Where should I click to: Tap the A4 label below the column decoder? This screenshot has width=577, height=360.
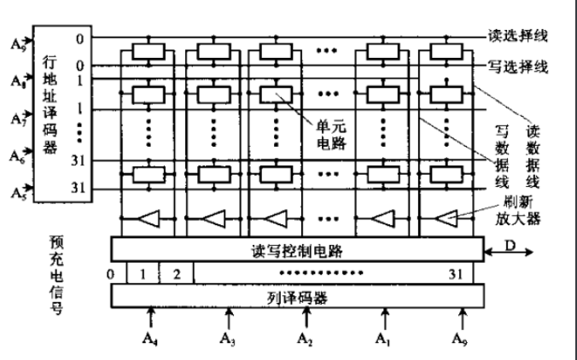pyautogui.click(x=151, y=344)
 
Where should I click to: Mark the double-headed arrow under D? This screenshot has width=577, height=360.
pyautogui.click(x=510, y=253)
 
